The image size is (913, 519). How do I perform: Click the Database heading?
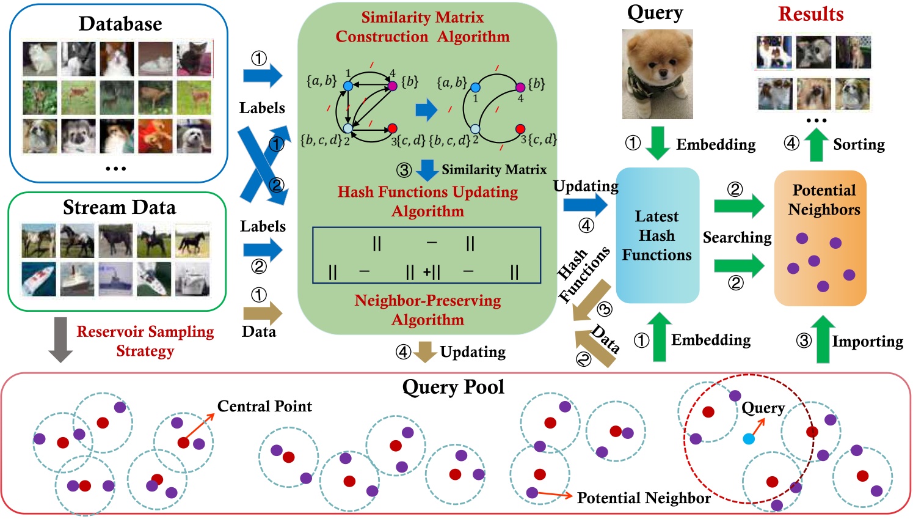(x=120, y=24)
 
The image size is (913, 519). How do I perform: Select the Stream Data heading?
(x=119, y=208)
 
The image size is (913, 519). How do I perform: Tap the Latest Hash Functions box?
(x=657, y=235)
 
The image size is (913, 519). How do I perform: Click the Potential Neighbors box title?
(x=824, y=200)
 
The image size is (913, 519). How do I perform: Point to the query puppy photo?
(x=657, y=74)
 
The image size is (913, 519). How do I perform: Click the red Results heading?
(x=810, y=14)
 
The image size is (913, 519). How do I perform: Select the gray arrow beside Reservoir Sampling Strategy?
(x=60, y=339)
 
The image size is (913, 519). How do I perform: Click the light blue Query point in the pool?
(x=749, y=439)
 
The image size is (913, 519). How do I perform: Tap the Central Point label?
(x=264, y=407)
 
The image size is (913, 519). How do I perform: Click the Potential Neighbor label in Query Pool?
(x=644, y=498)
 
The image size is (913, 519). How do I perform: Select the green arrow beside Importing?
(x=823, y=339)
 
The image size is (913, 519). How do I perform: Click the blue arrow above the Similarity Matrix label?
(x=427, y=169)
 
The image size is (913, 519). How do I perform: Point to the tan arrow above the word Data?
(x=262, y=314)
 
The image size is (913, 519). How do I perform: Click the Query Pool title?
(x=453, y=387)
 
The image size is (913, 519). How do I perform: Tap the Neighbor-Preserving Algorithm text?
(x=427, y=310)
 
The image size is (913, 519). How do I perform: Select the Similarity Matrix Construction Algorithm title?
(x=423, y=27)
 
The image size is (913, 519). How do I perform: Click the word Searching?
(x=737, y=237)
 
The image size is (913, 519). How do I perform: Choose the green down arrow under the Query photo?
(x=657, y=143)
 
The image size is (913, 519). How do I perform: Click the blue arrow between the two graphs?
(x=426, y=110)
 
